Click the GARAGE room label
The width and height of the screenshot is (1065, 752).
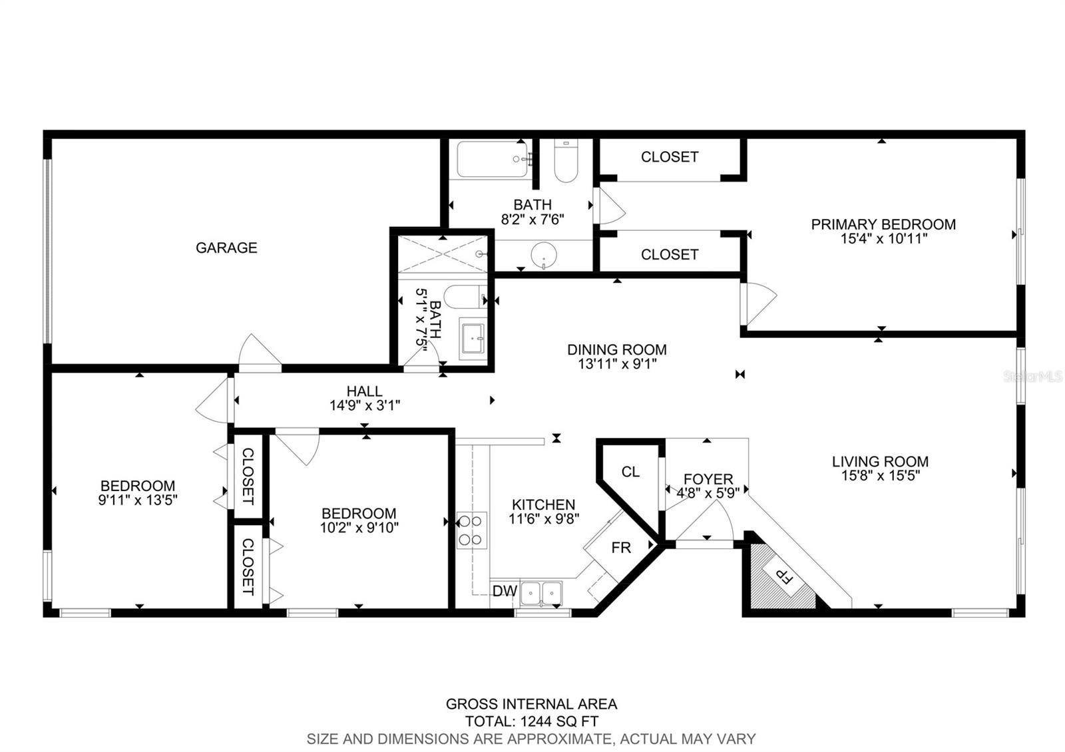click(x=226, y=248)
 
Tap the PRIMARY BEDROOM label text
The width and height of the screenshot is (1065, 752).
click(x=883, y=224)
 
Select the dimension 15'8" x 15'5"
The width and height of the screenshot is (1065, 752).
click(x=880, y=475)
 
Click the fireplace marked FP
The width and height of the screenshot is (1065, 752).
click(x=783, y=576)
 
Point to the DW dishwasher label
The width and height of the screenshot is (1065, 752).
click(x=504, y=591)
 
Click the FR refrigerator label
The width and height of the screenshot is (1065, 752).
click(x=621, y=548)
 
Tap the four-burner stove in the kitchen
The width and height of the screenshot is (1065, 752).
click(x=471, y=530)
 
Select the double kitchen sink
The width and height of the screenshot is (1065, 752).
click(x=540, y=592)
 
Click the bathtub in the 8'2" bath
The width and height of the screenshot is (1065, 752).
click(x=492, y=159)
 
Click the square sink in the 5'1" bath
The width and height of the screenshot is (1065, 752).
click(x=473, y=338)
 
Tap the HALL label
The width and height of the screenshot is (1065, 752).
click(x=364, y=391)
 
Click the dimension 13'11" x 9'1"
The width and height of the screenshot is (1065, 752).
click(x=616, y=364)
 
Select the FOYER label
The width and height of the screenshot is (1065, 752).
click(x=708, y=479)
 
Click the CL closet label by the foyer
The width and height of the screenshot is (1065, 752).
click(x=630, y=472)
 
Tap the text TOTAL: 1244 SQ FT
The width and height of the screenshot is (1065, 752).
click(x=531, y=721)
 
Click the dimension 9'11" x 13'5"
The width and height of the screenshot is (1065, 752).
click(x=138, y=500)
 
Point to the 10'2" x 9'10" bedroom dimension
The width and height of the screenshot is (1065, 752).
click(x=359, y=528)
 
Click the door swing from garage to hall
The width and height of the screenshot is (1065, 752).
click(x=259, y=350)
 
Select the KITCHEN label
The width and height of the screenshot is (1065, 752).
click(x=543, y=504)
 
